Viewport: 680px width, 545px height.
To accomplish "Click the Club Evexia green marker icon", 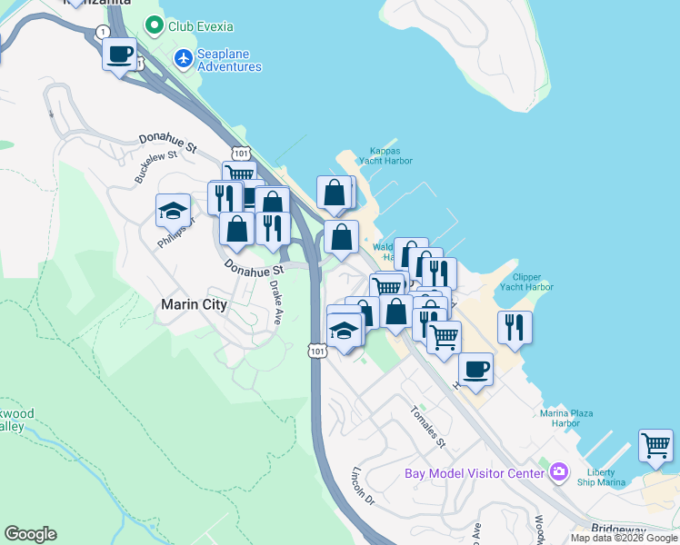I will [155, 26].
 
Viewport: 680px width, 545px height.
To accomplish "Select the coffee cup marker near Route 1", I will [119, 55].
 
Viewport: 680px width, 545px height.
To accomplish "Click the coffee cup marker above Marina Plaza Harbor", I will [475, 370].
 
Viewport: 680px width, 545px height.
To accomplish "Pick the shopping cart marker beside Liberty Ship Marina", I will [655, 445].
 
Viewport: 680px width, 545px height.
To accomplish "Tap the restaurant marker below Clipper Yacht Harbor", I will [515, 327].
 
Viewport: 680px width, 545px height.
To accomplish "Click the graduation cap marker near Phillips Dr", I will [173, 211].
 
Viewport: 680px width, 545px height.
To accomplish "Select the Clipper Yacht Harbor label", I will [526, 282].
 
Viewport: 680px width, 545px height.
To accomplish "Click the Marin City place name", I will [194, 305].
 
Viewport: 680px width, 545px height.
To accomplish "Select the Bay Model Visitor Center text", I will [474, 472].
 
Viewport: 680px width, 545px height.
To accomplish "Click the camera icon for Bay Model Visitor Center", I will [558, 472].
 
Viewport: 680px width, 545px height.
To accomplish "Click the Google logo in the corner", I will [30, 534].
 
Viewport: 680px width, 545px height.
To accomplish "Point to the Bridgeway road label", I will [617, 529].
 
